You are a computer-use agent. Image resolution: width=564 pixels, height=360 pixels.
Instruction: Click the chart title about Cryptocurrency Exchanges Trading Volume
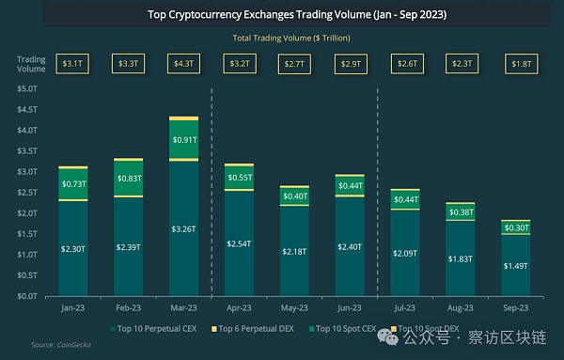282,15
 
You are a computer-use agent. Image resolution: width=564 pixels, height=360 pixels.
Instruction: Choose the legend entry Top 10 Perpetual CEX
157,330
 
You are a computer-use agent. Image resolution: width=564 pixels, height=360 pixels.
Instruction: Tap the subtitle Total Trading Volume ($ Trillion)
282,38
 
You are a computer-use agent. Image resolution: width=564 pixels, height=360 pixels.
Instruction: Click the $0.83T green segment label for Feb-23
128,178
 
